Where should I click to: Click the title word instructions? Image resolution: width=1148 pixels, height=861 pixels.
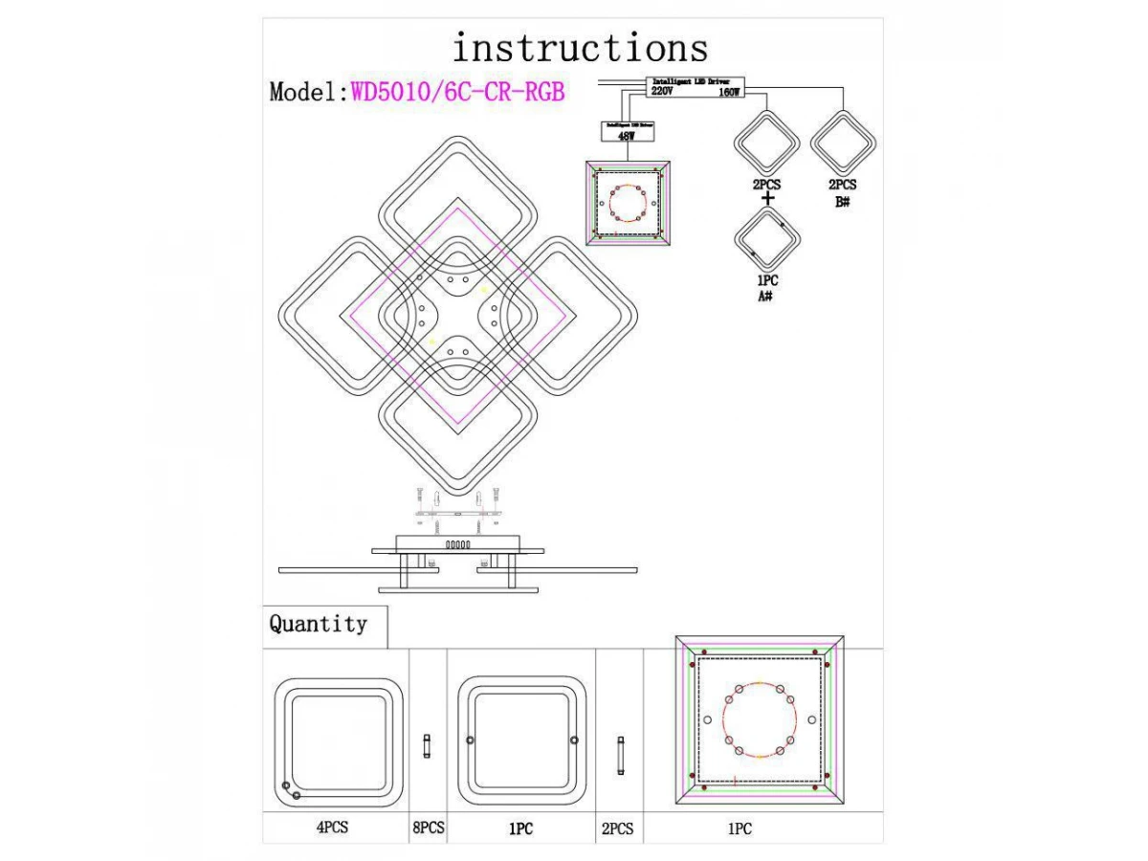580,47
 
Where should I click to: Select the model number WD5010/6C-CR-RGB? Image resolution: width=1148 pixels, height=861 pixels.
458,92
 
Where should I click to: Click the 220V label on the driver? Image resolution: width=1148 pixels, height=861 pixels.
662,94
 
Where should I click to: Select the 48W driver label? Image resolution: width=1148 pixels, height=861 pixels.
626,137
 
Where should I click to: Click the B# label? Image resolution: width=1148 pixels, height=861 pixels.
843,203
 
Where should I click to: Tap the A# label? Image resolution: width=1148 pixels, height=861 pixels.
766,298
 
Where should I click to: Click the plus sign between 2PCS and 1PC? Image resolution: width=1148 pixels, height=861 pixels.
767,199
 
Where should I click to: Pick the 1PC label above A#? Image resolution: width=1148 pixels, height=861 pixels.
766,281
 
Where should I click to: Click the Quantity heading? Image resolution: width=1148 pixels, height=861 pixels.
318,625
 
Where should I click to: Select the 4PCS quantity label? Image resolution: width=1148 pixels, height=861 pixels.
332,828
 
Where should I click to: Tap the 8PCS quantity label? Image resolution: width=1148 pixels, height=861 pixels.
428,828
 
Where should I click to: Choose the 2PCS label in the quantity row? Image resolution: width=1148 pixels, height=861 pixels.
617,828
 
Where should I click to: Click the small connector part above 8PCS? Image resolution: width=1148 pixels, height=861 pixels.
428,745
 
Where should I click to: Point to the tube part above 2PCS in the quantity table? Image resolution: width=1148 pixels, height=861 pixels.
620,755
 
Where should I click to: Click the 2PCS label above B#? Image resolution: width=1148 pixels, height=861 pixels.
843,186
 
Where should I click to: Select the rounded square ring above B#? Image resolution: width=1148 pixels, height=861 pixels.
843,143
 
